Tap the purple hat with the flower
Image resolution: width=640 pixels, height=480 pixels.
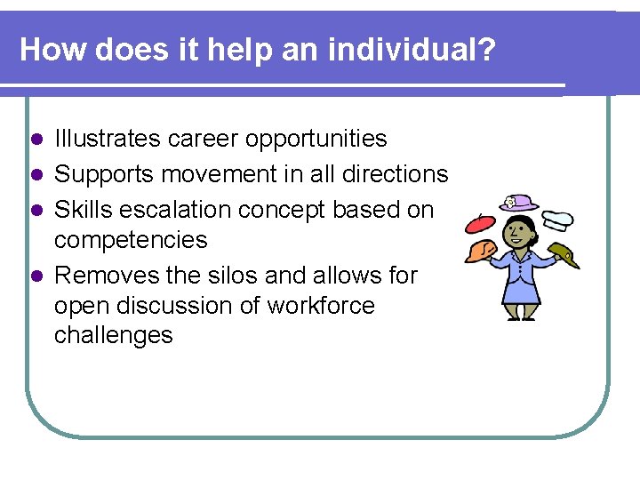pyautogui.click(x=520, y=203)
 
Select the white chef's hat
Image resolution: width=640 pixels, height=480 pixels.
pyautogui.click(x=557, y=218)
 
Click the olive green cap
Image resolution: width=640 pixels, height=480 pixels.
pyautogui.click(x=564, y=252)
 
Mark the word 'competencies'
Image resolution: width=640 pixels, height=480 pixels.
pyautogui.click(x=131, y=240)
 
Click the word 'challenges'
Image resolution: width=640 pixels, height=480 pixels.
pyautogui.click(x=114, y=335)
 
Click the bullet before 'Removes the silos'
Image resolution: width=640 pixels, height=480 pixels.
pyautogui.click(x=36, y=276)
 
